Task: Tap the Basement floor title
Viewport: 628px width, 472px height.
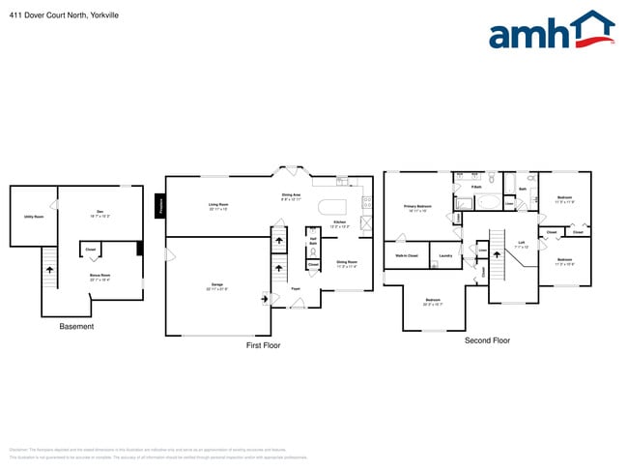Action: click(x=76, y=327)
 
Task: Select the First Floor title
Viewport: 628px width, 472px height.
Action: click(x=263, y=344)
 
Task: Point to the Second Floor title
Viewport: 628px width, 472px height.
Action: click(x=487, y=340)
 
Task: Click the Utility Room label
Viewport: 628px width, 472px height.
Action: click(x=34, y=217)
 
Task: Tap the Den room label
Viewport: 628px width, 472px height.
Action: click(x=100, y=213)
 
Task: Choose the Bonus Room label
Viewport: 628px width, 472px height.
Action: click(x=100, y=276)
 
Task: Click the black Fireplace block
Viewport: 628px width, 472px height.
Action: click(x=160, y=205)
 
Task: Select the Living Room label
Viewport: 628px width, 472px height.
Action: click(x=218, y=205)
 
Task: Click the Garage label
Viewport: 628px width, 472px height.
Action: click(x=217, y=285)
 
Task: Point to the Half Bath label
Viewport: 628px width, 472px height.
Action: click(x=313, y=242)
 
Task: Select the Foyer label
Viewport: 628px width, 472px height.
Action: click(x=297, y=287)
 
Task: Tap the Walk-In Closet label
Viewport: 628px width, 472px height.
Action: click(x=407, y=255)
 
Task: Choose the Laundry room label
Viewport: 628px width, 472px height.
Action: click(x=445, y=255)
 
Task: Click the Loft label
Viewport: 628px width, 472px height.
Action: click(x=521, y=244)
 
